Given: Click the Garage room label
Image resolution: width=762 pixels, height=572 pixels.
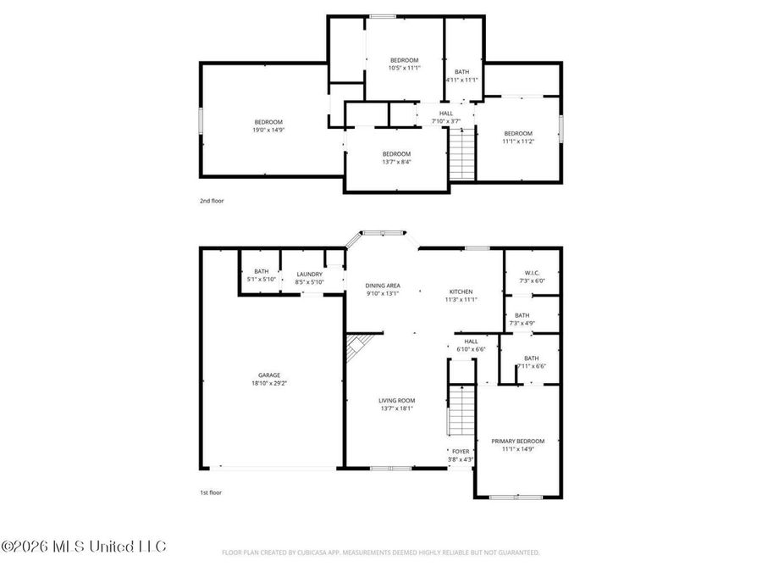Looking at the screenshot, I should click(269, 375).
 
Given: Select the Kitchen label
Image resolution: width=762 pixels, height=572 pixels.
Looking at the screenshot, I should click(461, 292).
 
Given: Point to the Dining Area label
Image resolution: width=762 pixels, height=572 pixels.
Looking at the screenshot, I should click(382, 286).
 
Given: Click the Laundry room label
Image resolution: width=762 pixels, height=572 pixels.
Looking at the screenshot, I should click(309, 275).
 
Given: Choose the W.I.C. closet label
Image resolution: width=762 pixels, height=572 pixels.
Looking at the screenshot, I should click(532, 272).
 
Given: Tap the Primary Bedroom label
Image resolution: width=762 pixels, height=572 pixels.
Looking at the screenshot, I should click(518, 441).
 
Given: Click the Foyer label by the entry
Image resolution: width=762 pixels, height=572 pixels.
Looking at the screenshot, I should click(461, 452).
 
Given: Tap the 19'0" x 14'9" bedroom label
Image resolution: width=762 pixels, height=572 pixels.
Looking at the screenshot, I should click(268, 122).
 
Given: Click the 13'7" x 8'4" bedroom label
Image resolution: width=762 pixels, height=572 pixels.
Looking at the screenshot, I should click(396, 153).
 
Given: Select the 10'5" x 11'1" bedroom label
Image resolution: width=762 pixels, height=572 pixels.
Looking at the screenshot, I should click(404, 60).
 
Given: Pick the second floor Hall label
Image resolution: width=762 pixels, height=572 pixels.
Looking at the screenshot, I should click(446, 114).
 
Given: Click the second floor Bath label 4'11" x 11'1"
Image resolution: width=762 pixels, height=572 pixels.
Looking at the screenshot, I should click(461, 72).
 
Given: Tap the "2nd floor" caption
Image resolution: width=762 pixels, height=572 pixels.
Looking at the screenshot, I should click(211, 201).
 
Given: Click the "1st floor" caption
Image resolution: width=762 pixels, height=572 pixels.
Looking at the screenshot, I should click(210, 491).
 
